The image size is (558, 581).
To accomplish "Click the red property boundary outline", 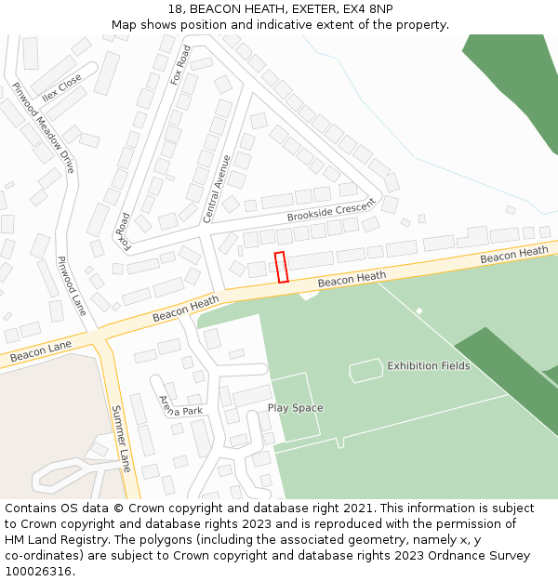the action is coord(282,267).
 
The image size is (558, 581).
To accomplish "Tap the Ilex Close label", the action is coord(62,86).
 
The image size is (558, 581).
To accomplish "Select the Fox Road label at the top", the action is coord(179,65).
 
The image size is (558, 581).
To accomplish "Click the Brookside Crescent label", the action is coord(330,211).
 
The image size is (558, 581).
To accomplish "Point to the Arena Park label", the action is coord(179,405).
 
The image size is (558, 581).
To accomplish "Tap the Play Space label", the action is coord(295,408).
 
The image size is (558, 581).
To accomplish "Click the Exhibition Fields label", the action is coord(429,366).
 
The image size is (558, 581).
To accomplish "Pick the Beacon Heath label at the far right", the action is coord(514,253).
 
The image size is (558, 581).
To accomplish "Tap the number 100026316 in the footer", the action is coord(39,571).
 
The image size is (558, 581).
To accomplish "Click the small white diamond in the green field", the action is coord(419,310).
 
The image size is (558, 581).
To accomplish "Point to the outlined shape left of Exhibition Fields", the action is coord(365,370).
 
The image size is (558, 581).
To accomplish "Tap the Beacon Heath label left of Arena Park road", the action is coord(186,308).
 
